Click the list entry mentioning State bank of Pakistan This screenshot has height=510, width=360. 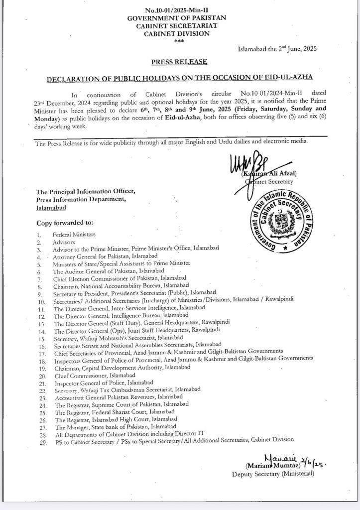coord(115,426)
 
